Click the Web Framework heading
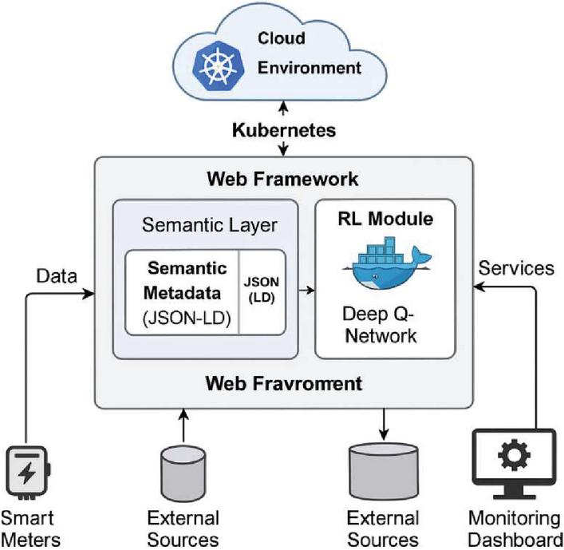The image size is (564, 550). (283, 177)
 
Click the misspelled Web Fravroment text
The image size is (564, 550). (283, 384)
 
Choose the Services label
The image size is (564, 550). (515, 267)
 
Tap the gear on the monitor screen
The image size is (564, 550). (514, 455)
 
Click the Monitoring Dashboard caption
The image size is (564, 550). (514, 527)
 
